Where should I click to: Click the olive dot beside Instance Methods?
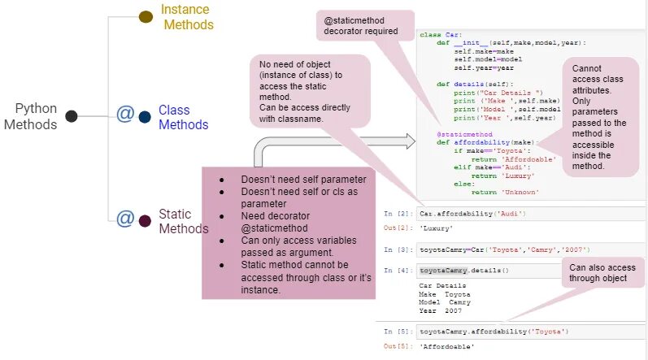146,16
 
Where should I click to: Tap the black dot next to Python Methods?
72,116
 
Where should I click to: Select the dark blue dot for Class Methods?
145,117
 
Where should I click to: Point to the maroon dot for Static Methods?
145,221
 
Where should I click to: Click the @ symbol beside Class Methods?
124,114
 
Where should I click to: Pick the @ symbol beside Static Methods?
124,219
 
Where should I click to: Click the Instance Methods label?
186,17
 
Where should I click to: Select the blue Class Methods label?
183,117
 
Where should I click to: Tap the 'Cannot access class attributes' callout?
599,117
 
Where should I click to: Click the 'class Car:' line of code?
441,34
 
